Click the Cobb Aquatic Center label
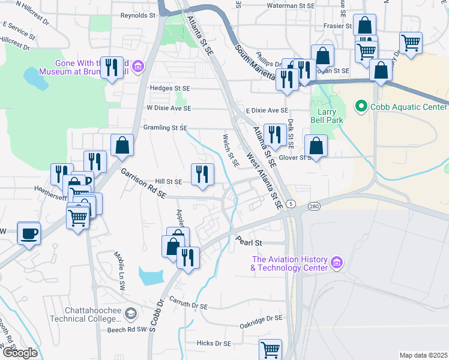(x=409, y=107)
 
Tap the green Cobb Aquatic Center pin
(x=361, y=107)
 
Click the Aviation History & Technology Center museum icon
(x=336, y=262)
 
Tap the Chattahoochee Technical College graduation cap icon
(x=131, y=313)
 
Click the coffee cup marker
(x=29, y=233)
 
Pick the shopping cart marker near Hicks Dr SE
(x=270, y=350)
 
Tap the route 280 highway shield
(x=314, y=207)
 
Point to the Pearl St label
(x=250, y=242)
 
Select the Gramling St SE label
(x=165, y=128)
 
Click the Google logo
(x=20, y=352)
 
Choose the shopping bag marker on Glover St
(x=316, y=146)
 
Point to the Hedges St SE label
(x=169, y=88)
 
